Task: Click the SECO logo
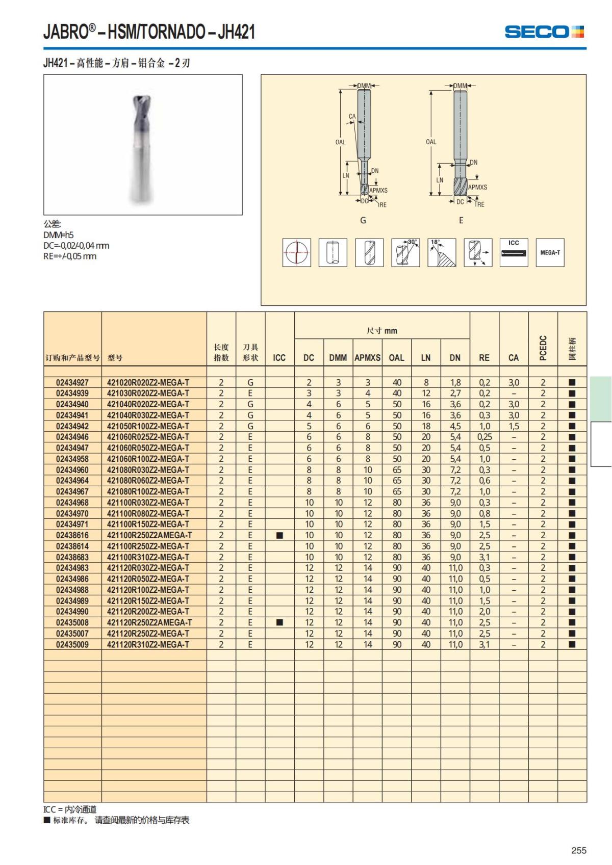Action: click(x=544, y=32)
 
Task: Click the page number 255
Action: click(x=579, y=850)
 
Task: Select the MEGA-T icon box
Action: click(x=550, y=252)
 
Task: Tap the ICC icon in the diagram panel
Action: click(x=514, y=252)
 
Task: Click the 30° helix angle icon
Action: click(x=405, y=252)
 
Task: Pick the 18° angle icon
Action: click(x=442, y=252)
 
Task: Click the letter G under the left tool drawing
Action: click(x=363, y=220)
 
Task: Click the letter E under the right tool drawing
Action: click(x=461, y=220)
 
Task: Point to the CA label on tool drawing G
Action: click(x=352, y=117)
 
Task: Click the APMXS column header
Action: click(x=367, y=358)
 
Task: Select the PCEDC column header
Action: click(x=543, y=348)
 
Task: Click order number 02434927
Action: click(x=72, y=382)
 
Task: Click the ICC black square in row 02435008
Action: click(x=279, y=622)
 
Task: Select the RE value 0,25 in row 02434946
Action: click(x=484, y=437)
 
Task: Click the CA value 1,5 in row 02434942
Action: click(x=514, y=426)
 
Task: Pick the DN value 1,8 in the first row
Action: click(x=455, y=382)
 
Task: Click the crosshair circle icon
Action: click(x=297, y=252)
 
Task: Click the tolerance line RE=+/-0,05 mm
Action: click(x=70, y=256)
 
